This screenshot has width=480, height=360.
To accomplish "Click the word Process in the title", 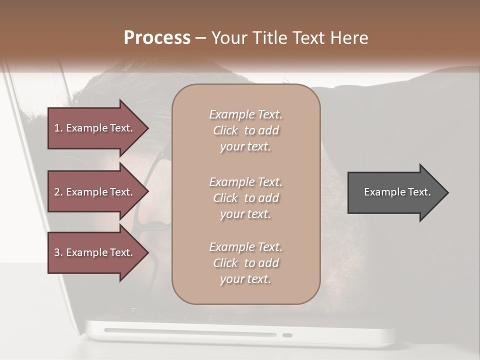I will pyautogui.click(x=157, y=38).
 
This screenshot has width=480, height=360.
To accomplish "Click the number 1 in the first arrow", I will pyautogui.click(x=57, y=128).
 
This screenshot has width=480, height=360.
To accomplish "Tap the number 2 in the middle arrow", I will pyautogui.click(x=57, y=192).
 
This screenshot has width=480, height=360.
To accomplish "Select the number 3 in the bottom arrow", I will pyautogui.click(x=57, y=252).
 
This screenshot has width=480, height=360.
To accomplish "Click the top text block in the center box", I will pyautogui.click(x=246, y=130).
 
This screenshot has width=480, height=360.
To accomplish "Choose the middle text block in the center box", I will pyautogui.click(x=246, y=198).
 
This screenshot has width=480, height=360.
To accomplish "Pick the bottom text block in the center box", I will pyautogui.click(x=246, y=263).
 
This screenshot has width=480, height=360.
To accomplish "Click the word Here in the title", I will pyautogui.click(x=350, y=38).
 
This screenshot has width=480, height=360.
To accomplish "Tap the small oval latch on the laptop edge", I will pyautogui.click(x=287, y=335).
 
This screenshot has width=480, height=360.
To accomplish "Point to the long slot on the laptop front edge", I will pyautogui.click(x=190, y=332).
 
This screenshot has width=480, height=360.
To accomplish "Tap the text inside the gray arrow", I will pyautogui.click(x=397, y=192).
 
